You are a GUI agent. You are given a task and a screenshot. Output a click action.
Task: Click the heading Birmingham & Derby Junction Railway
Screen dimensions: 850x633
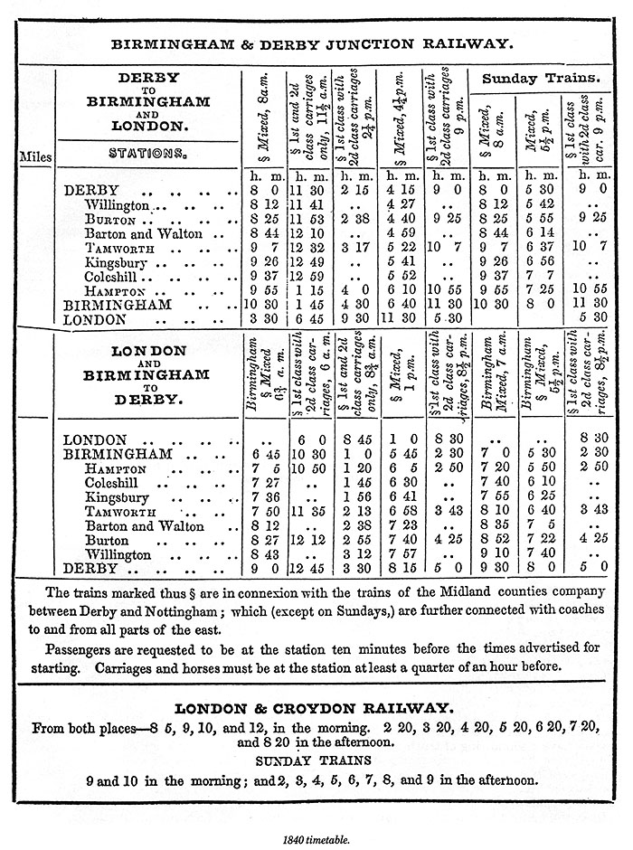click(x=311, y=42)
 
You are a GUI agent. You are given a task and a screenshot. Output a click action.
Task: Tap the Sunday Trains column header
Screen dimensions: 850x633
click(x=540, y=79)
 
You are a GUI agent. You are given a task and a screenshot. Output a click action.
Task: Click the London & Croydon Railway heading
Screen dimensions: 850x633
click(x=311, y=709)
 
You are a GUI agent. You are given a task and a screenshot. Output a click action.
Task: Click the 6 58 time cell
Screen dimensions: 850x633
click(x=402, y=511)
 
